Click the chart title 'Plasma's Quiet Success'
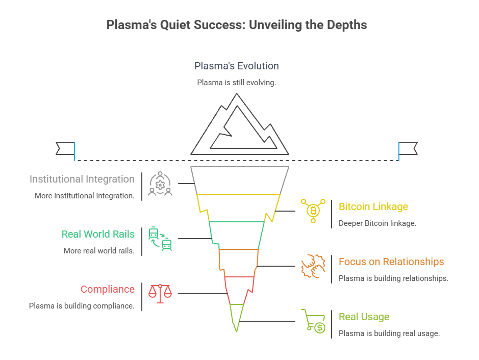236,25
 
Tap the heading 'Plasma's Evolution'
237,66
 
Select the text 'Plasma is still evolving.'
237,82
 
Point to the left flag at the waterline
65,148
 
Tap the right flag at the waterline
408,148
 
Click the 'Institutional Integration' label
82,179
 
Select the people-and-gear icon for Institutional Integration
160,184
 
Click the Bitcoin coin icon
313,210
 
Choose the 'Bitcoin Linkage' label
373,207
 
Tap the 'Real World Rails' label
98,234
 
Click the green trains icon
160,239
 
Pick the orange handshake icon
313,266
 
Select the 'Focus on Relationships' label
391,262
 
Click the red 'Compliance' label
108,289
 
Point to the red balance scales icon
160,294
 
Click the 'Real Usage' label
364,317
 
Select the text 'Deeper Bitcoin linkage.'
377,223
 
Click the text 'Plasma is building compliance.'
82,306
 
